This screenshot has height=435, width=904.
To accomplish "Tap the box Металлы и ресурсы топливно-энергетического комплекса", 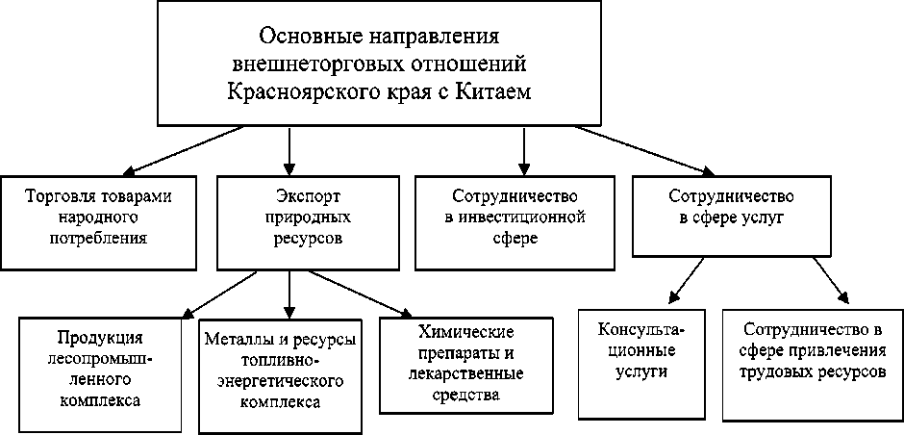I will coord(282,371).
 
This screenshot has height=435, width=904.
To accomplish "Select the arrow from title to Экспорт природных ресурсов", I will coord(289,149).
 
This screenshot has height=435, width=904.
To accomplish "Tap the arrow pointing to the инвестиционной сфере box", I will coord(523,149).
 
